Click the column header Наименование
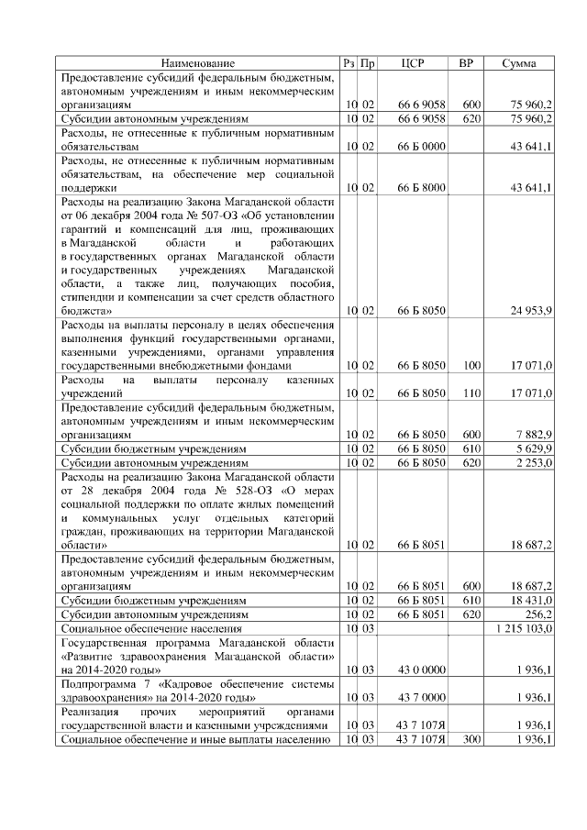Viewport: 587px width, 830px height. coord(198,63)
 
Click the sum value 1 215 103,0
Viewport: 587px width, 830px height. coord(523,629)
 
